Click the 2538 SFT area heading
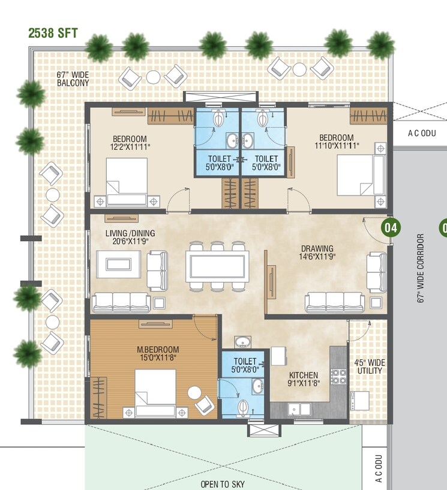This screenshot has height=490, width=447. point(53,32)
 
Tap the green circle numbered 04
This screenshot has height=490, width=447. point(391,228)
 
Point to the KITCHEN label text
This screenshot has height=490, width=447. point(302,375)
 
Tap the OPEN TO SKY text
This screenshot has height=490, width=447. point(223,484)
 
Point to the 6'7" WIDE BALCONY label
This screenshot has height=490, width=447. point(73,79)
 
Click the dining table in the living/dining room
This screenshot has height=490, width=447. point(217,266)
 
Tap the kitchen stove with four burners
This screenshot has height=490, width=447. point(338,377)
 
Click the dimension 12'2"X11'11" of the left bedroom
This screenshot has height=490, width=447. point(130,146)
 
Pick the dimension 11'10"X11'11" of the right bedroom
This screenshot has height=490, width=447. point(337,146)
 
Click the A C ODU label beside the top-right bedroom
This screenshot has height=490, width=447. point(420,133)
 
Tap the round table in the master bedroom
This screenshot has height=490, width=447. point(194,393)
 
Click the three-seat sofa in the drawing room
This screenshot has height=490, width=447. point(334,302)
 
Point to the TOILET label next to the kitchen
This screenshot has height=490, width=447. point(245,362)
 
